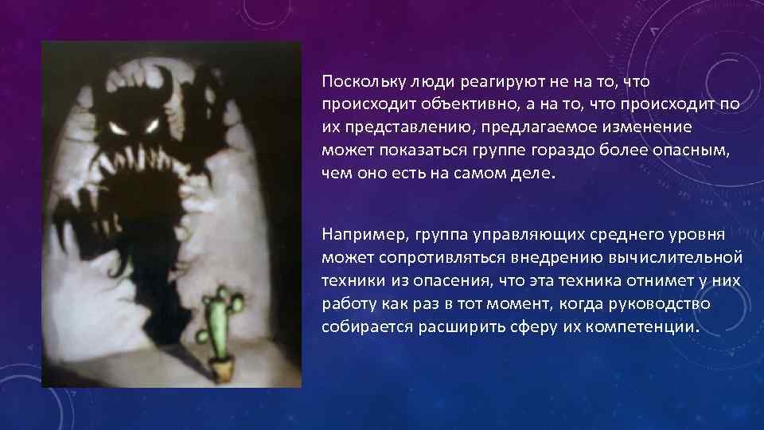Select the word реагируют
474,81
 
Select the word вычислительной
685,258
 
